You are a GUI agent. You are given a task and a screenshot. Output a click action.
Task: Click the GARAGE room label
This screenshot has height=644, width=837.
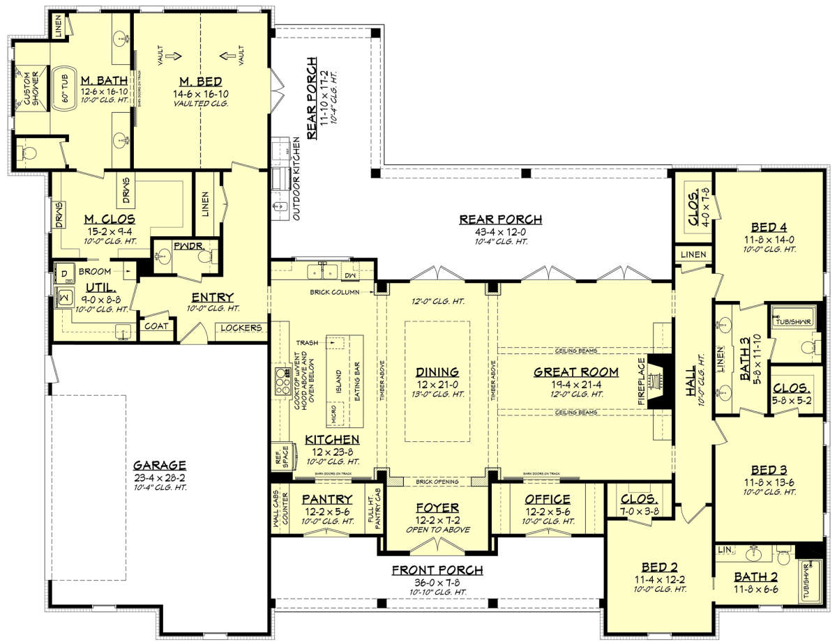(x=160, y=465)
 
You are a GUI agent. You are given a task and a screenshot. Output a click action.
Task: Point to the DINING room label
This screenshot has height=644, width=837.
(x=438, y=371)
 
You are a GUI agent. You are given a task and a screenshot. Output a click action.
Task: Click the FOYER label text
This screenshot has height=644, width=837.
(x=438, y=507)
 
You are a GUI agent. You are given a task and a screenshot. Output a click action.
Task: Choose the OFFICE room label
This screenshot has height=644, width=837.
(x=548, y=499)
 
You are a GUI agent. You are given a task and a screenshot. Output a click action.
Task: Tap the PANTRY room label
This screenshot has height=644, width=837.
(x=326, y=499)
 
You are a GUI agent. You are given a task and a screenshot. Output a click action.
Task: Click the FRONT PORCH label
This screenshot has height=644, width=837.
(x=438, y=569)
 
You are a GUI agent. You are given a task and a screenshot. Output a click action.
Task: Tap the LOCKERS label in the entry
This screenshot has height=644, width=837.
(x=242, y=328)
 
